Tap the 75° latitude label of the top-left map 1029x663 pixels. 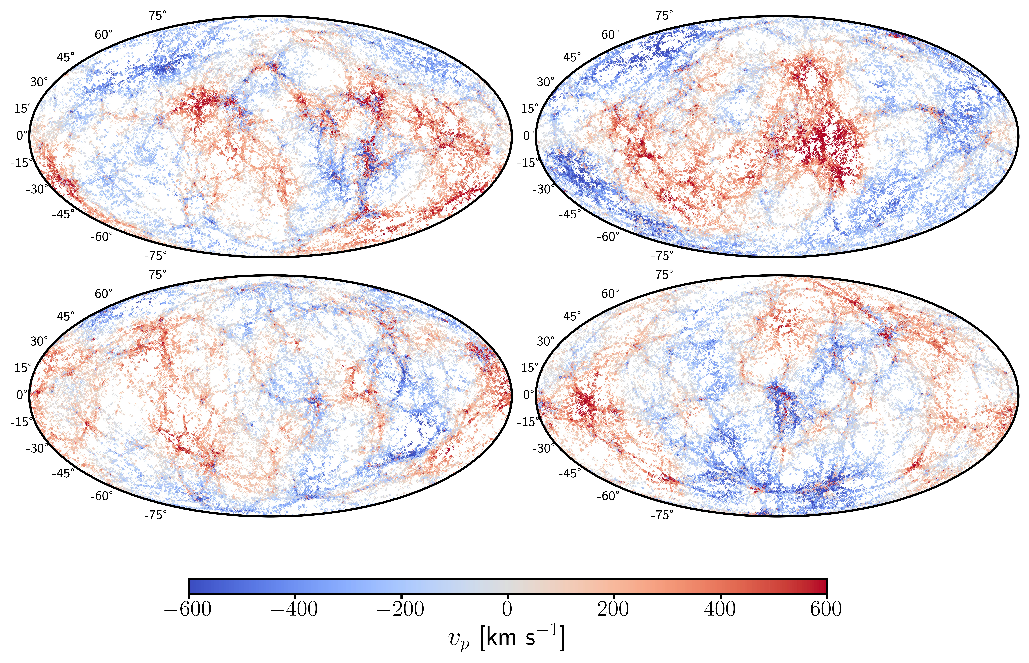(x=157, y=16)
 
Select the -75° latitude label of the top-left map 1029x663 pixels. (x=155, y=256)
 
